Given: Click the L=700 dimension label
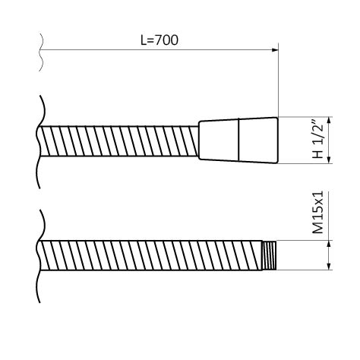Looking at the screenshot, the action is [x=159, y=40].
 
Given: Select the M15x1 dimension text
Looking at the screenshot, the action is [x=318, y=213].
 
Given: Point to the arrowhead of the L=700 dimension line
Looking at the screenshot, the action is [x=275, y=50].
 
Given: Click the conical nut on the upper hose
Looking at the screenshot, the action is [x=238, y=141].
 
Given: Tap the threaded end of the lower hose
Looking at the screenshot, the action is [x=270, y=255].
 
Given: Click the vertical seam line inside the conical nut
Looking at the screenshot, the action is [x=239, y=140].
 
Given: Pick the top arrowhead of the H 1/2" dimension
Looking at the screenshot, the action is [x=329, y=121].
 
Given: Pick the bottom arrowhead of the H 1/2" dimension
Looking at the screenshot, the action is [x=329, y=160].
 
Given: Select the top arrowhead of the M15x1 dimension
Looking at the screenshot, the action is [x=329, y=244].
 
